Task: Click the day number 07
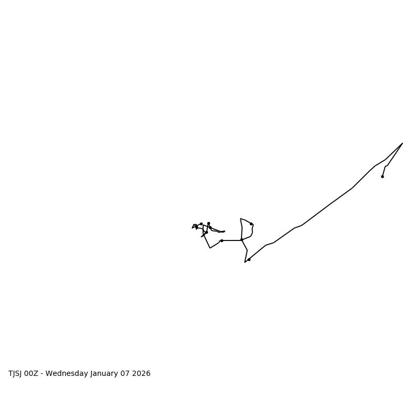tap(127, 374)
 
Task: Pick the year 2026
tap(142, 374)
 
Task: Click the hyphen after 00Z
tap(43, 374)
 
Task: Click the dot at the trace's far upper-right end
tap(382, 176)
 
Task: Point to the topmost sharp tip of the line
tap(402, 143)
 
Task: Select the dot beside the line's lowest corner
tap(249, 259)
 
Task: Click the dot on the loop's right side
tap(251, 224)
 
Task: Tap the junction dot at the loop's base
tap(241, 240)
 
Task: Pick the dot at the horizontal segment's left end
tap(222, 240)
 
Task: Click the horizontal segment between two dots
tap(232, 240)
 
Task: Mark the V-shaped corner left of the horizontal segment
tap(210, 248)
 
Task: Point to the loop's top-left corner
tap(240, 218)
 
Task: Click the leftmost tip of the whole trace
tap(192, 227)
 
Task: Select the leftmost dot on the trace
tap(196, 227)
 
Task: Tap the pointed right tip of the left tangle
tap(225, 231)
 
